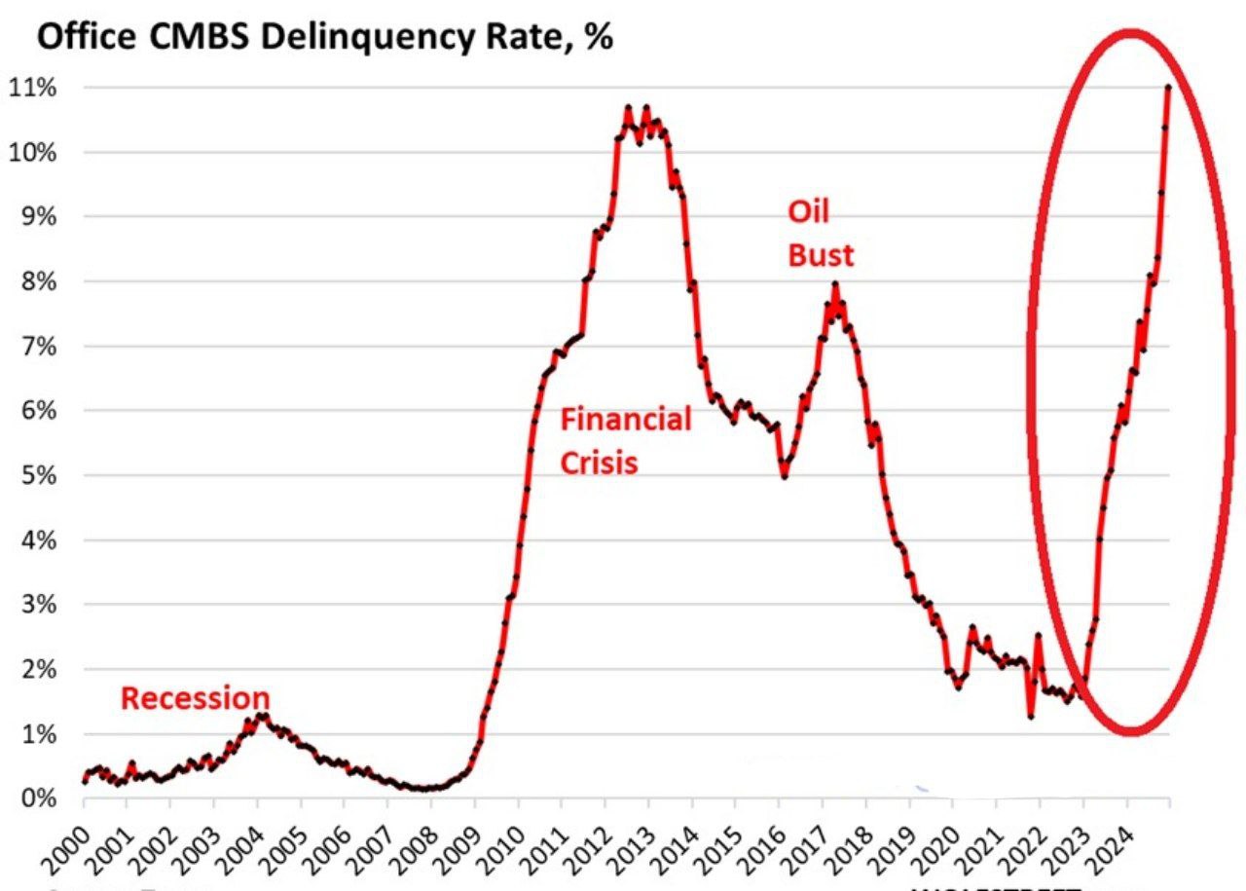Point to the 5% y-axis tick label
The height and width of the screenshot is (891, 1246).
[x=36, y=476]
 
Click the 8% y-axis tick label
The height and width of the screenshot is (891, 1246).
[x=36, y=282]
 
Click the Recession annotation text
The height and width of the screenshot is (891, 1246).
[x=195, y=698]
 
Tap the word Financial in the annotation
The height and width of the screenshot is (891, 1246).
[x=626, y=420]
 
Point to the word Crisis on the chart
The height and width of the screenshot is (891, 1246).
[x=599, y=462]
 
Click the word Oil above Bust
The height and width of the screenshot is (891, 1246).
[x=808, y=213]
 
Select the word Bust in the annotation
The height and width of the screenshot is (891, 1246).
[x=820, y=255]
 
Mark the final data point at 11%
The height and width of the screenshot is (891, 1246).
[x=1168, y=88]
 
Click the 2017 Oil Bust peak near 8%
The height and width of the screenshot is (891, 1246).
[x=834, y=284]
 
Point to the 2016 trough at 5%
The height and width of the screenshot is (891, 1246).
[x=784, y=476]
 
